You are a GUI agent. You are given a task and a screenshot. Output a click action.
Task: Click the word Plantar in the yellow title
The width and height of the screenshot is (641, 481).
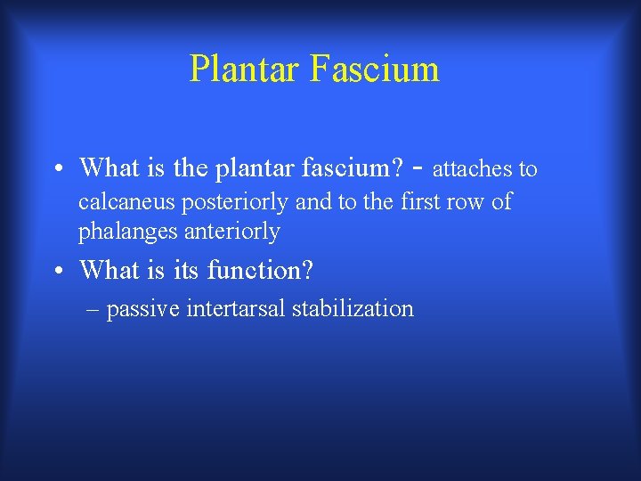pos(245,69)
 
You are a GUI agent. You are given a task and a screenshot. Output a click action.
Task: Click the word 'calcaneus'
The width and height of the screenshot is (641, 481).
pos(127,202)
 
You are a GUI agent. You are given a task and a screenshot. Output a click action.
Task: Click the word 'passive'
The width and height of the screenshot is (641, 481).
pos(142,309)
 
